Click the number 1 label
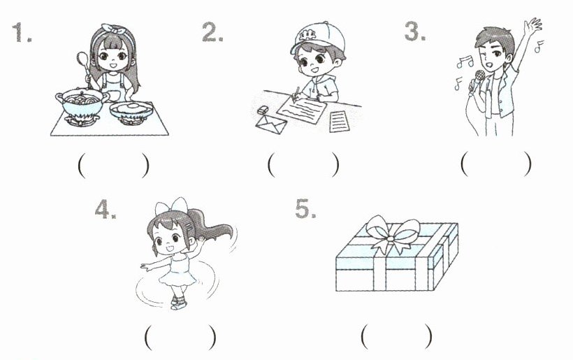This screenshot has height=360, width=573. point(21,32)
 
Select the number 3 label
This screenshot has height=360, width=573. point(415,31)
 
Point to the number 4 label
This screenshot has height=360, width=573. point(106,210)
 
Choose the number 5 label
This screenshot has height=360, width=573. point(305,209)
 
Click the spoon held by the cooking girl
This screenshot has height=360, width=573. point(84,68)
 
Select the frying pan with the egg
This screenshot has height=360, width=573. point(131,109)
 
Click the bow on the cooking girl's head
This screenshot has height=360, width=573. point(115,29)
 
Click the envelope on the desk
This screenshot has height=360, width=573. point(271,124)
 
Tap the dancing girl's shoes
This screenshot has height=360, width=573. point(178,303)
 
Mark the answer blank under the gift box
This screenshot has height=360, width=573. point(397,336)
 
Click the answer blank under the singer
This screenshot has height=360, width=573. point(496,164)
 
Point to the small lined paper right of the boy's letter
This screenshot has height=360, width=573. point(339,122)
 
